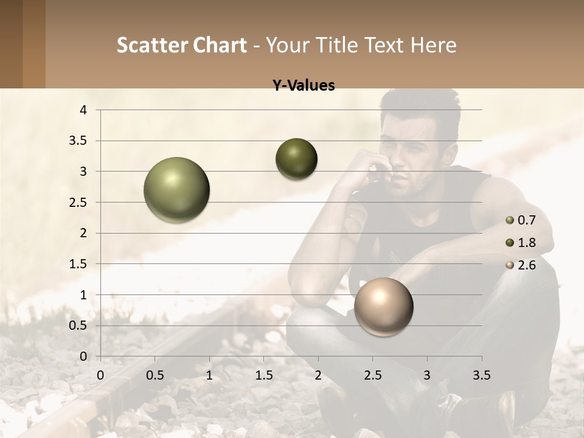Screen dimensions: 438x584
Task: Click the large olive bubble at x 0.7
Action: [x=176, y=190]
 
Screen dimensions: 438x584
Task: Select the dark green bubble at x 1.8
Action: [x=296, y=159]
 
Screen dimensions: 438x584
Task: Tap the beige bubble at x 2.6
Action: [x=383, y=307]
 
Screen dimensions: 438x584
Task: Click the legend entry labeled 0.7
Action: [x=526, y=220]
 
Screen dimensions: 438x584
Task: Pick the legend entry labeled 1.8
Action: [x=526, y=243]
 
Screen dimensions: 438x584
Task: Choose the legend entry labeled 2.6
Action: [x=526, y=265]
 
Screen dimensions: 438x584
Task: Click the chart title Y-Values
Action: [x=303, y=86]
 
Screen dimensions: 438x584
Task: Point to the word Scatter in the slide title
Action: [x=151, y=45]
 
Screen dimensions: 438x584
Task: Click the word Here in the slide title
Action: [x=434, y=45]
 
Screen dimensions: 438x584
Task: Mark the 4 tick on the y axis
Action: [x=83, y=110]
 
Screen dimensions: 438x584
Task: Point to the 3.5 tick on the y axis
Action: [x=80, y=141]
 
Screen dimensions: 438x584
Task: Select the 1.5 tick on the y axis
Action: [x=80, y=264]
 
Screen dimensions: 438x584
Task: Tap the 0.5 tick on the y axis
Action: [x=80, y=325]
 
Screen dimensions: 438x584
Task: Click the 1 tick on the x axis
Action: [x=209, y=375]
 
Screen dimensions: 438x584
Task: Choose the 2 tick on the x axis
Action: [x=318, y=375]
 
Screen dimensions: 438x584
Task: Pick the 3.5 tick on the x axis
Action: [x=481, y=375]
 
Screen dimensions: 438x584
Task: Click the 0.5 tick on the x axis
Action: [x=155, y=375]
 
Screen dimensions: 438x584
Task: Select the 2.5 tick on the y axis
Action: [x=80, y=203]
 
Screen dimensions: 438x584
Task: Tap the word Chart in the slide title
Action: [x=220, y=45]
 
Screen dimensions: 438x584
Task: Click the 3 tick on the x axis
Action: [x=426, y=375]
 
